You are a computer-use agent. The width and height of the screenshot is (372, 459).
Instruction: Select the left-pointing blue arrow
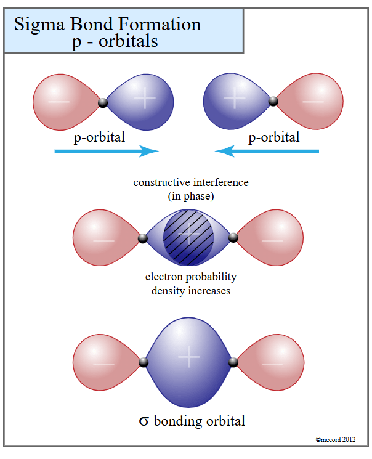(267, 151)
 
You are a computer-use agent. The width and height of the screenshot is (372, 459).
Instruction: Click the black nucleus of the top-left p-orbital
(103, 102)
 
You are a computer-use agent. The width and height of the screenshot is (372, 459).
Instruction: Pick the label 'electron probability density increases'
(191, 283)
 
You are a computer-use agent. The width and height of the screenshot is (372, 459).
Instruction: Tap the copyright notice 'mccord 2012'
(335, 439)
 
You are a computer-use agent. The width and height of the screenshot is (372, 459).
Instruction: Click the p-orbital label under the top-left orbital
(99, 137)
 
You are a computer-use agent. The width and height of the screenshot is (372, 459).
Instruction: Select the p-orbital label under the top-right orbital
(273, 137)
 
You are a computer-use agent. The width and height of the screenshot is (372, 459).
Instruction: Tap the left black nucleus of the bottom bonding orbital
(144, 362)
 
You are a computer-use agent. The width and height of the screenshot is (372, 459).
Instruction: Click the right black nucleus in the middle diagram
(233, 237)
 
